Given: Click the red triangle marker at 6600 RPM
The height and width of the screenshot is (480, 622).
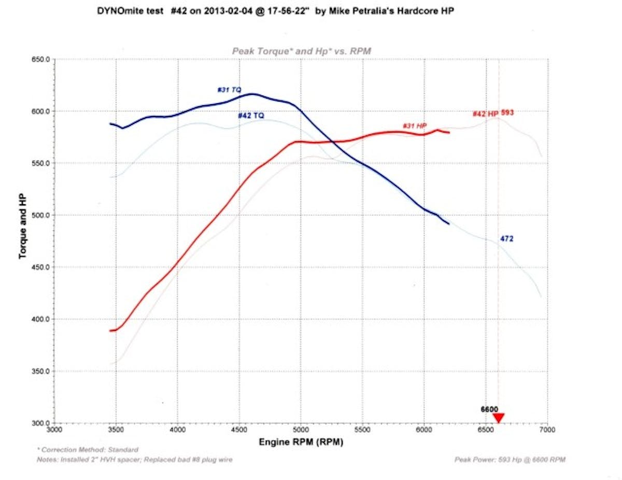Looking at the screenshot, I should coord(498,418).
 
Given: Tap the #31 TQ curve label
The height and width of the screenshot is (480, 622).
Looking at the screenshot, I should coord(229,90).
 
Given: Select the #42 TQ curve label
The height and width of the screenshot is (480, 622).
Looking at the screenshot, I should coord(251,116).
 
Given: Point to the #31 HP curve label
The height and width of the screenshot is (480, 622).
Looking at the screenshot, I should coord(414,126).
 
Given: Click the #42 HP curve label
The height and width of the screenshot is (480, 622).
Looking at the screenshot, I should coord(485,114).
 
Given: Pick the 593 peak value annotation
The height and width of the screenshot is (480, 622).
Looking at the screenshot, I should coord(507,112).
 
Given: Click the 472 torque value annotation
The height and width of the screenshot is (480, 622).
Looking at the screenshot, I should coord(507,238).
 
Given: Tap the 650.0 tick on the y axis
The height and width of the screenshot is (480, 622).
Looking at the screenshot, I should coord(41,60).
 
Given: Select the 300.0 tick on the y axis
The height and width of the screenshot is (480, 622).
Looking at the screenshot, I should coord(41,423).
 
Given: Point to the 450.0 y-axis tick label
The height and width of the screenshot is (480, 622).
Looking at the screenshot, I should coord(41,267).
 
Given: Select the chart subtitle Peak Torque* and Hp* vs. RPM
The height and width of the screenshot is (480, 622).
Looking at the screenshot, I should coord(301,50).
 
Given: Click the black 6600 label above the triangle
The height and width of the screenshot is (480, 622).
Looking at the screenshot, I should coord(489,409).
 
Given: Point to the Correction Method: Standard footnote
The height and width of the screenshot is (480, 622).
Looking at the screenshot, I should coord(88,449).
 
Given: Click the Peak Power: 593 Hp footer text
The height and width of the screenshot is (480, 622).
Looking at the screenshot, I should coord(510,459).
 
